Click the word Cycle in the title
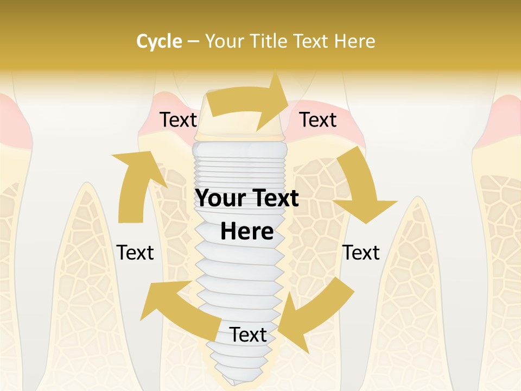(159, 41)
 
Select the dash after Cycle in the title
(193, 41)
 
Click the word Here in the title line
(355, 41)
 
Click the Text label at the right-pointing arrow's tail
(178, 120)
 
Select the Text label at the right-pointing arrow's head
(318, 120)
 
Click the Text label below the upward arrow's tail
(135, 253)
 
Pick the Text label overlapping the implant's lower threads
(248, 335)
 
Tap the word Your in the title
(223, 41)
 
